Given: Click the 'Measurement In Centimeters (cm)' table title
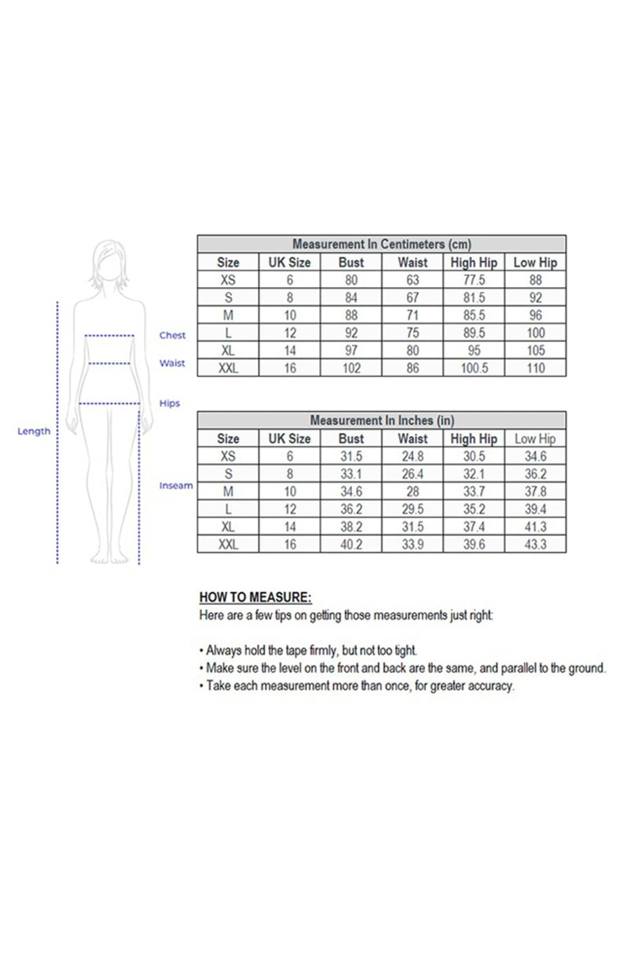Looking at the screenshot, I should click(x=382, y=244).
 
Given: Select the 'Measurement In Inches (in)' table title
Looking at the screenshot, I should click(x=382, y=420).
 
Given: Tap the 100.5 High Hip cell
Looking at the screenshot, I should click(x=474, y=368).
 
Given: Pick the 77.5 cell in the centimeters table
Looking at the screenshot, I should click(x=474, y=280).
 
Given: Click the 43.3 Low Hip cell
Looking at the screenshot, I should click(x=535, y=545).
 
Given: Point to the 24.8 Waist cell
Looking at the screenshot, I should click(x=413, y=456).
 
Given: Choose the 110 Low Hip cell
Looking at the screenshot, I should click(x=535, y=368).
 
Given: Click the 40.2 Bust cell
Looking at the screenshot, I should click(x=351, y=545).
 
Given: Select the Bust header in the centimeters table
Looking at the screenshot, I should click(x=351, y=262).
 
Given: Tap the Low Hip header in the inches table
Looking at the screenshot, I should click(x=535, y=439).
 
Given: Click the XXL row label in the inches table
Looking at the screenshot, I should click(x=228, y=545).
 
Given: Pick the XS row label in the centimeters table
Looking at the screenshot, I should click(x=228, y=280).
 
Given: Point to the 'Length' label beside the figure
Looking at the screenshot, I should click(x=34, y=431).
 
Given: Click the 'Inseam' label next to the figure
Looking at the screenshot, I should click(x=176, y=486).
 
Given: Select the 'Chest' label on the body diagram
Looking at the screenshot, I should click(x=172, y=335).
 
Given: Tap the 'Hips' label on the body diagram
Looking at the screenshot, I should click(x=169, y=403).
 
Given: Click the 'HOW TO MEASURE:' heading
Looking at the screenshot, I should click(x=255, y=597).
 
